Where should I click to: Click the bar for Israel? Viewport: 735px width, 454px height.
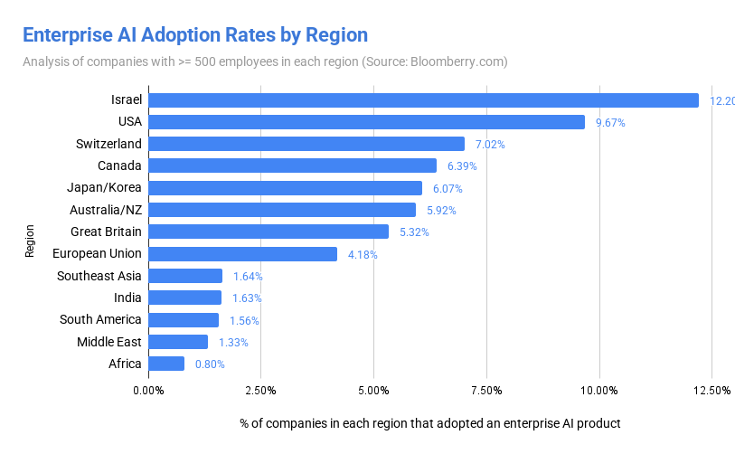pos(423,100)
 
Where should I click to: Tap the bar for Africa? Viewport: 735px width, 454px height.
pos(166,364)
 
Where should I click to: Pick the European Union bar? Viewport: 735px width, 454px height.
pos(242,254)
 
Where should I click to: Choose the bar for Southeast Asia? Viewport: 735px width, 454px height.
pos(185,276)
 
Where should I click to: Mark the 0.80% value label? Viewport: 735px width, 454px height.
pos(210,364)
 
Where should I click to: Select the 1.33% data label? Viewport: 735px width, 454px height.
pos(233,342)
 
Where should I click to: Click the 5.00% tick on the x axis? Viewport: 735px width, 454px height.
pos(373,391)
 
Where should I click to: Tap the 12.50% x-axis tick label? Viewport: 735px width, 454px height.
pos(711,391)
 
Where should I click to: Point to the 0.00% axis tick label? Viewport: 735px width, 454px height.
pos(148,391)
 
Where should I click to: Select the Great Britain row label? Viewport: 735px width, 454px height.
pos(106,232)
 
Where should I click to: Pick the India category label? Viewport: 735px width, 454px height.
pos(127,298)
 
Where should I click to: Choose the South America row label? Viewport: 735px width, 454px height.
pos(100,319)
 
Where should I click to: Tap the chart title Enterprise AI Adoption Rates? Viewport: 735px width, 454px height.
pos(194,35)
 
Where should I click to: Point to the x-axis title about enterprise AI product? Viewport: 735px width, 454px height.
pos(430,422)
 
